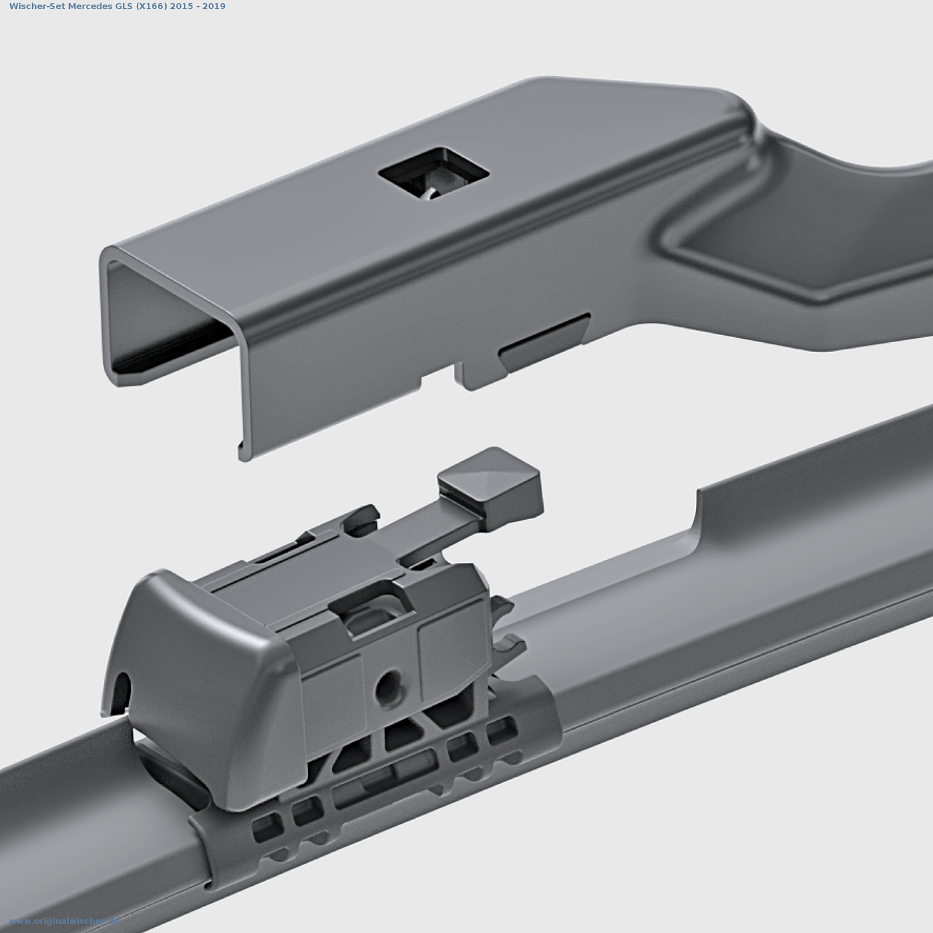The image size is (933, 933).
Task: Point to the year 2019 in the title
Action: [214, 6]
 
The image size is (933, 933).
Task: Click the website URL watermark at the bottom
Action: [65, 921]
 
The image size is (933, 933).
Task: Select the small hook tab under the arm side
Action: [470, 378]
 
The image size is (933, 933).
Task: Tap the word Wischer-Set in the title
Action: [37, 6]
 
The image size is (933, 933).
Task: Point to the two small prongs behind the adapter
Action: [507, 626]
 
